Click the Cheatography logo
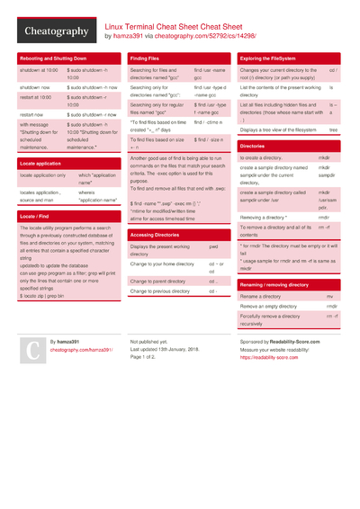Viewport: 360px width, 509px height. [55, 31]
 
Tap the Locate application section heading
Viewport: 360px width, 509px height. [40, 164]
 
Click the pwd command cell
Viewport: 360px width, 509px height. [213, 246]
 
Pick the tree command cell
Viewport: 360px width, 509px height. [333, 129]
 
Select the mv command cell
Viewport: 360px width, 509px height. [329, 296]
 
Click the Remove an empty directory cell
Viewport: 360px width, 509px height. [268, 307]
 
